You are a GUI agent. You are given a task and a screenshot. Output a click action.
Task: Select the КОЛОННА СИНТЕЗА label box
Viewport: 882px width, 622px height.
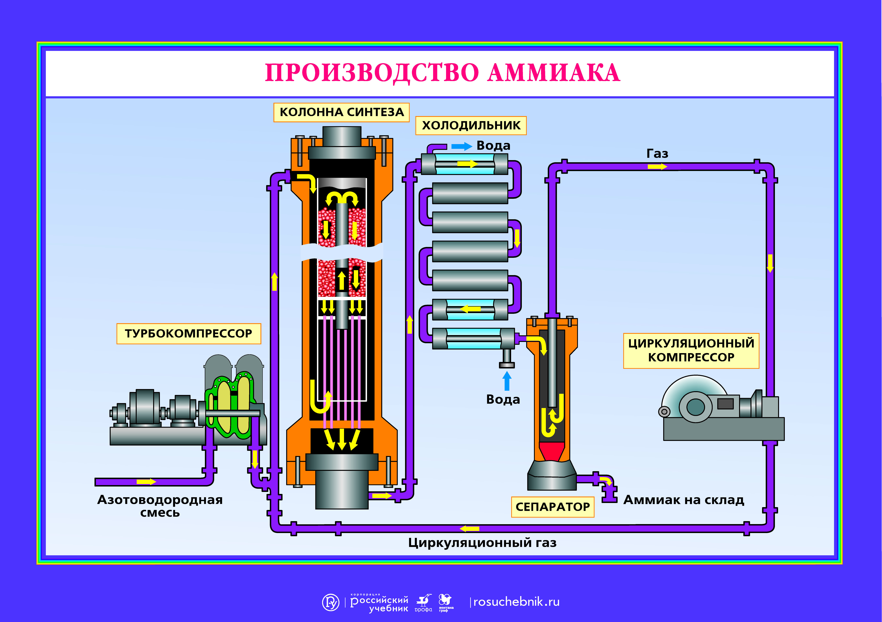tap(342, 112)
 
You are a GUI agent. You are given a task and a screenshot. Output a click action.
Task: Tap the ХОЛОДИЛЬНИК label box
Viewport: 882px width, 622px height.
tap(471, 126)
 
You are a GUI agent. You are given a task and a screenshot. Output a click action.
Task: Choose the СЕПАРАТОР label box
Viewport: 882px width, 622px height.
tap(552, 507)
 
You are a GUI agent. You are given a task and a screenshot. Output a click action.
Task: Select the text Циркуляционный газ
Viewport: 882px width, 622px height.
tap(482, 543)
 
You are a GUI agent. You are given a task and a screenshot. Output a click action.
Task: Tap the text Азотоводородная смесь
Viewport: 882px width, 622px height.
tap(160, 506)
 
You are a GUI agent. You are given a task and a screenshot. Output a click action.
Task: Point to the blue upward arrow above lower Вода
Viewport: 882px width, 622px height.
tap(507, 381)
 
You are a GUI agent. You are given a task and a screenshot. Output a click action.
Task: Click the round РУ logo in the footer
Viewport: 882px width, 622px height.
tap(330, 602)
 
